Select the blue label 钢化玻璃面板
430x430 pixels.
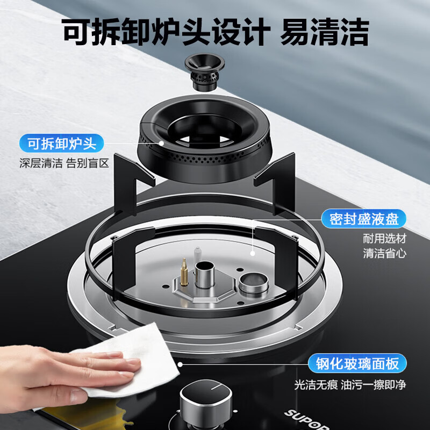tap(354, 364)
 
